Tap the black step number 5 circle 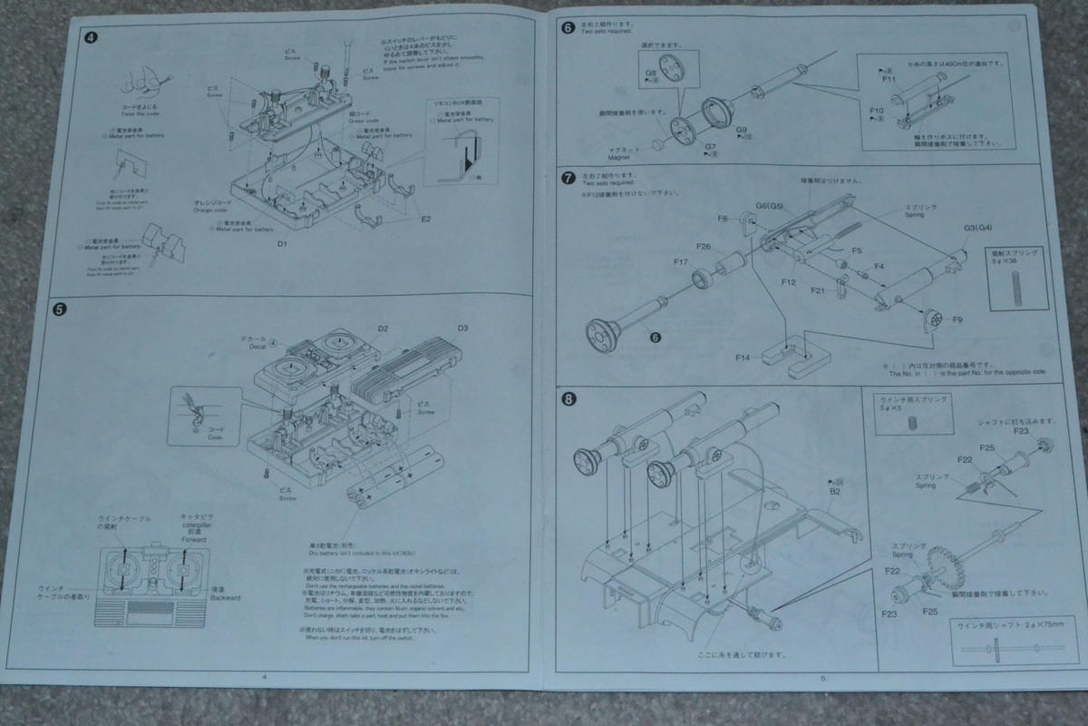tap(59, 309)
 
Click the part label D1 tap(282, 244)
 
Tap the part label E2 tap(425, 219)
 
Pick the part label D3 tap(462, 328)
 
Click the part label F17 tap(681, 262)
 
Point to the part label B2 tap(835, 491)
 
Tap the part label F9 tap(957, 319)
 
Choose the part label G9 tap(742, 130)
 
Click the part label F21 tap(817, 290)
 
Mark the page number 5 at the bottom tap(821, 678)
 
